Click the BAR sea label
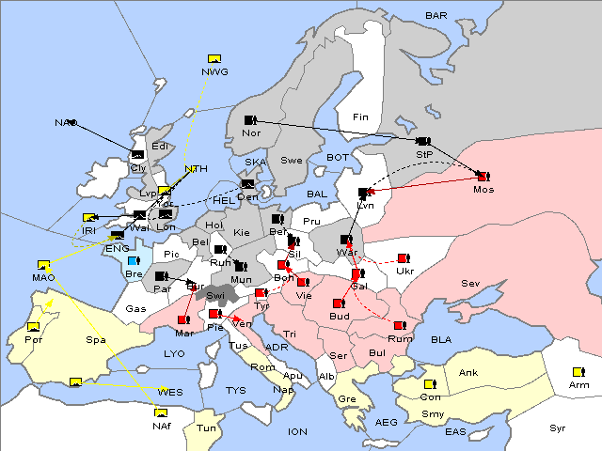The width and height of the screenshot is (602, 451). pos(436,16)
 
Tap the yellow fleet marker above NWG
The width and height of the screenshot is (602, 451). pos(214,59)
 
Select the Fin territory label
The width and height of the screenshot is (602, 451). pos(359,117)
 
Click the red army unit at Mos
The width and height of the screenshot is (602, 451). pos(483,176)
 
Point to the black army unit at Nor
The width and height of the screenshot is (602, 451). pos(250,119)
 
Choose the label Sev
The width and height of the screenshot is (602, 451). pos(470,283)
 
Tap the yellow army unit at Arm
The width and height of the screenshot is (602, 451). pos(576,371)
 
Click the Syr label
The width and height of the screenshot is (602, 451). pos(558,428)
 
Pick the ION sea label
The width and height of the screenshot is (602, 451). pos(297,431)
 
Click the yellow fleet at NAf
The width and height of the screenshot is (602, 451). pos(161,412)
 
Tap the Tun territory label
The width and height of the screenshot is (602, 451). pos(207,428)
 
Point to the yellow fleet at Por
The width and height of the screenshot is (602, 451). pos(34,326)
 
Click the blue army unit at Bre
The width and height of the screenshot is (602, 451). pos(133,261)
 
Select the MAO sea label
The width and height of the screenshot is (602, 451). pos(43,277)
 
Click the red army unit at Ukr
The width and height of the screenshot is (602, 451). pos(403,258)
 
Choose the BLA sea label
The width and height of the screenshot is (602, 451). pos(441,338)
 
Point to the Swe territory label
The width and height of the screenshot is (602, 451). pos(292,160)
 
